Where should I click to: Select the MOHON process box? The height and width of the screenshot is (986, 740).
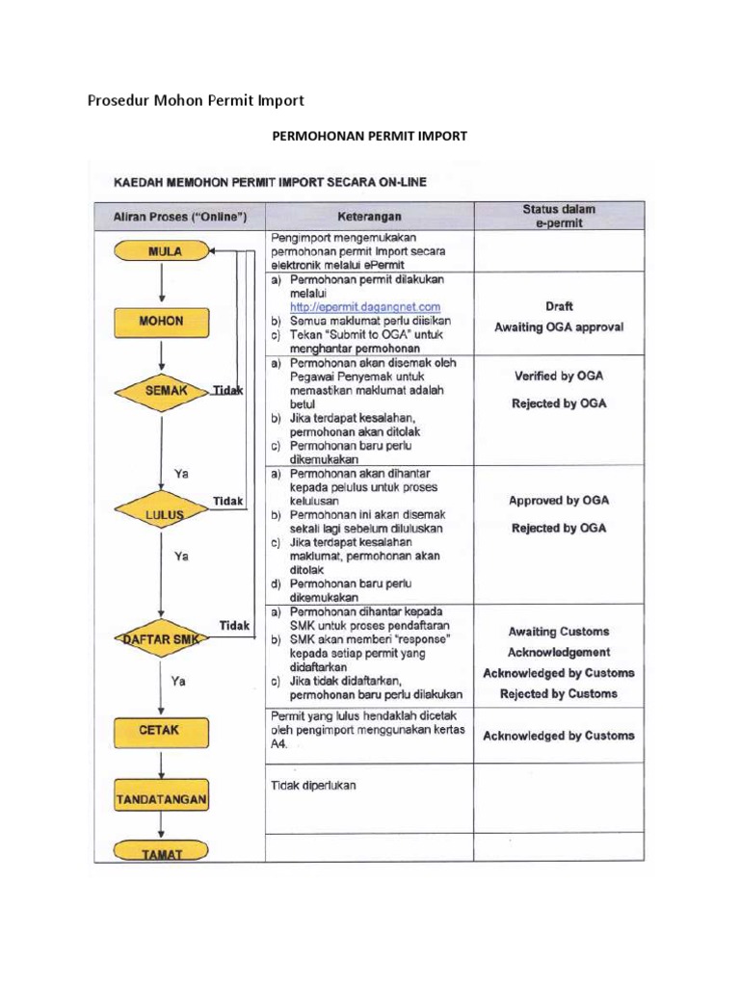point(162,322)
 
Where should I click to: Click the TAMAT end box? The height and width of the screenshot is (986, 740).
point(162,851)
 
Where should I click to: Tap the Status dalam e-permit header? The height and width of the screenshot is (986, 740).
point(559,216)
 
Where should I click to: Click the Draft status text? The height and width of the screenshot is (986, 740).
point(559,306)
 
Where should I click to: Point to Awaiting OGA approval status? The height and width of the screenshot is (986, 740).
point(559,327)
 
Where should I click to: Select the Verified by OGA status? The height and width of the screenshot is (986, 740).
point(559,376)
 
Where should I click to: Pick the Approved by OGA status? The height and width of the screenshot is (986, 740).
point(559,501)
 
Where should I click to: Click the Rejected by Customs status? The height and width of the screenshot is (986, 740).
point(559,694)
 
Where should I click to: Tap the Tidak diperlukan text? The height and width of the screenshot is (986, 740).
point(314,785)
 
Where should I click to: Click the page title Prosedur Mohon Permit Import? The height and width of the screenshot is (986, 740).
point(196,100)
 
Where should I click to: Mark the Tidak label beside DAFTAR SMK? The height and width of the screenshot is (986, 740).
point(234,626)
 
